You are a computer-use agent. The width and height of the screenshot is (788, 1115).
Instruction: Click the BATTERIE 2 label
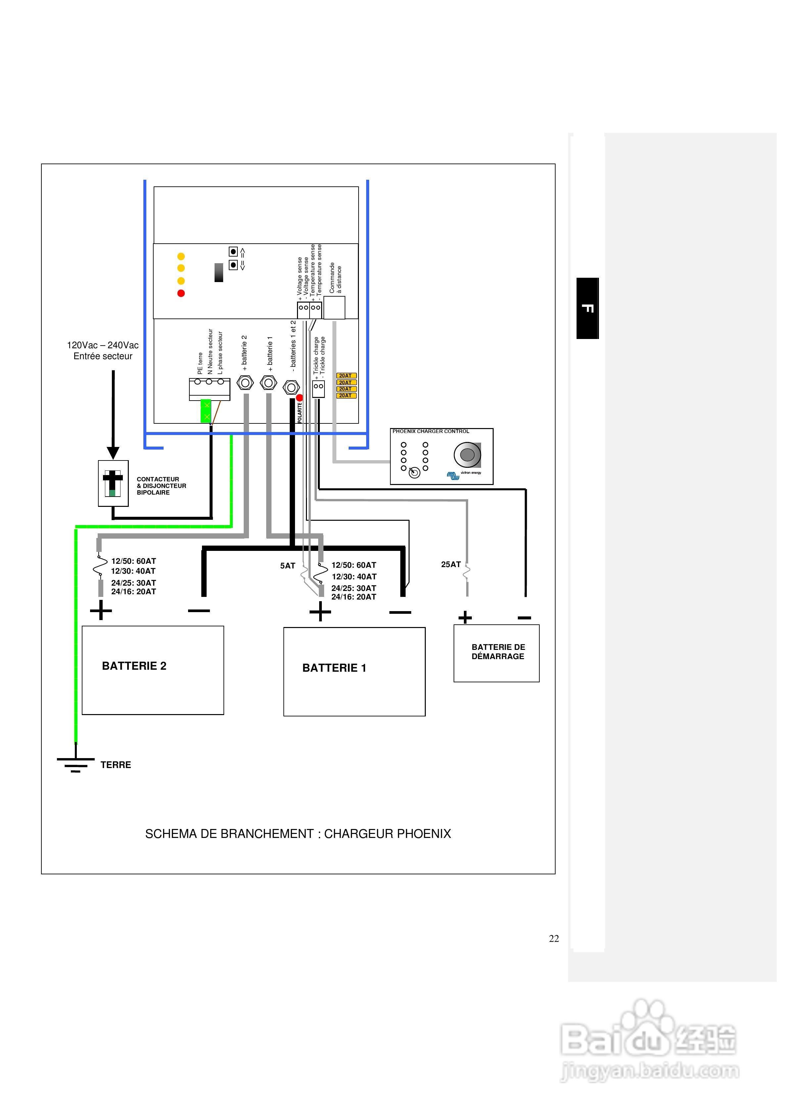tap(134, 666)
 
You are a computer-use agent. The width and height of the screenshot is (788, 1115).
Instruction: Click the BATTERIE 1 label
tap(334, 668)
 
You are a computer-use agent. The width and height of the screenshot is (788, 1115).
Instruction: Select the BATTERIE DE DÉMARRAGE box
tap(497, 653)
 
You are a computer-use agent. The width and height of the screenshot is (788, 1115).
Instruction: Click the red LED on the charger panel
tap(181, 293)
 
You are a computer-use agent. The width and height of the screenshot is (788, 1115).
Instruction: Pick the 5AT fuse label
tap(288, 566)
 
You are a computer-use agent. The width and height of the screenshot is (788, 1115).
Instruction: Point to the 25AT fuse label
tap(451, 564)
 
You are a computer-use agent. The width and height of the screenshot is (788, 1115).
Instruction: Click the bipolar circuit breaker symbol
tap(113, 483)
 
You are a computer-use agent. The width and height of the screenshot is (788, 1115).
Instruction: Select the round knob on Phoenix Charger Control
tap(468, 455)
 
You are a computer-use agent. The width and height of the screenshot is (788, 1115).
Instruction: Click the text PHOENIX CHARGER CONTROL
tap(431, 431)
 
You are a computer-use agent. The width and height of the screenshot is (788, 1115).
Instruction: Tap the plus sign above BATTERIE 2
tap(101, 610)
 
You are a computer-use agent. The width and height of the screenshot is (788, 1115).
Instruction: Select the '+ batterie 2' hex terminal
tap(245, 383)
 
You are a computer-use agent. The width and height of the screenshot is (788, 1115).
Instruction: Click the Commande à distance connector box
tap(334, 308)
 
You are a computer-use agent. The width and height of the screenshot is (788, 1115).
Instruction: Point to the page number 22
tap(554, 939)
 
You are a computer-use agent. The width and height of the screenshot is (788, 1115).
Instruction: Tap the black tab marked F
tap(587, 308)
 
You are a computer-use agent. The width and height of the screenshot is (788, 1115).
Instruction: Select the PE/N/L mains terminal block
tap(209, 389)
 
